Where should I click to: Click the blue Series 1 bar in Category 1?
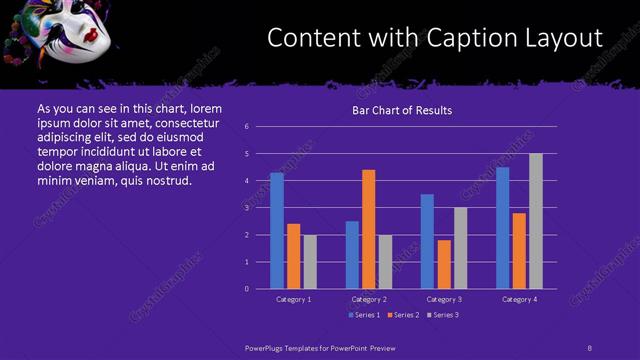click(277, 231)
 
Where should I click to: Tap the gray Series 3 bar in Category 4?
click(535, 221)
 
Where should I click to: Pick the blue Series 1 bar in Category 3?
click(427, 241)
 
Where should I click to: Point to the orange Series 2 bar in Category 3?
click(444, 264)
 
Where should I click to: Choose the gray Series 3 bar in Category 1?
click(310, 261)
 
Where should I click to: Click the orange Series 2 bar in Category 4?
click(519, 250)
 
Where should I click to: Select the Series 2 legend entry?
click(402, 315)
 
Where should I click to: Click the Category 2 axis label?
click(368, 299)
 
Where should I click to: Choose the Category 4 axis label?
click(519, 299)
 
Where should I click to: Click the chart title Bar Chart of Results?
click(402, 110)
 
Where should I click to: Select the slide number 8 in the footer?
click(590, 347)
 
